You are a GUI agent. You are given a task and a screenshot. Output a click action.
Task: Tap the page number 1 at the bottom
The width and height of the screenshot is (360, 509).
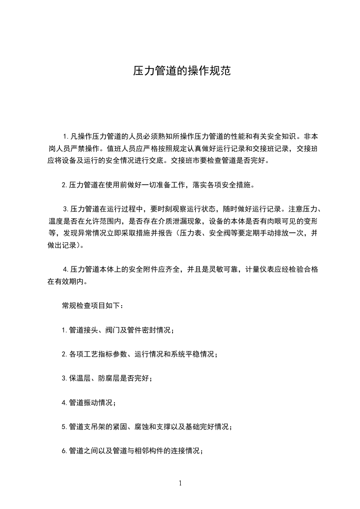[180, 483]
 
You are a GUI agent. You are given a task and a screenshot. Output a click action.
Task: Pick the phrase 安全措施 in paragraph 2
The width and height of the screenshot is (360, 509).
[236, 185]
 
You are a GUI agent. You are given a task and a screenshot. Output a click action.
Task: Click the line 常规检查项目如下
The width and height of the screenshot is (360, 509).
[92, 306]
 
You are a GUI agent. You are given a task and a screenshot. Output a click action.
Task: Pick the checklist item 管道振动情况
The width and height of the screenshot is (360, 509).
[89, 402]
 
